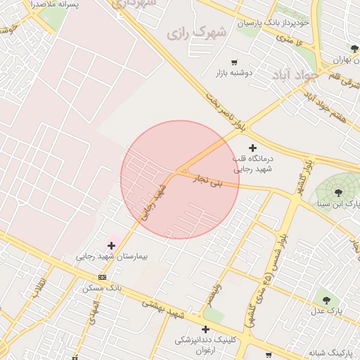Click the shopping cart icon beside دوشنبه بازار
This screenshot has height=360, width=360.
pos(234,63)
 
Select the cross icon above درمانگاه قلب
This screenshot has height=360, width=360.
pos(252,148)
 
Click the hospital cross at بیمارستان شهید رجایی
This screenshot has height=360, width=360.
pos(111,245)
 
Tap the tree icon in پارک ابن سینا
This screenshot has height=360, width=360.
pos(339,192)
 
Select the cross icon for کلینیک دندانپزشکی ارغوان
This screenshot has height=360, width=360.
pos(205,329)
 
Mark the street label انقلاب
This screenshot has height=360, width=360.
pos(39,284)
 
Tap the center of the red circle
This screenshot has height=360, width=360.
pos(180,179)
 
